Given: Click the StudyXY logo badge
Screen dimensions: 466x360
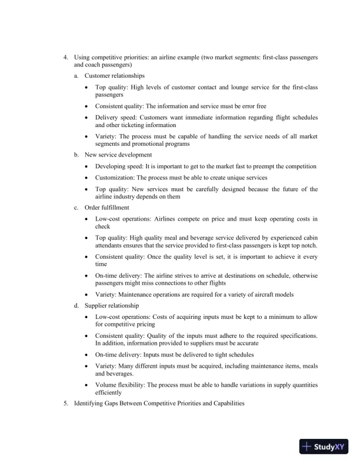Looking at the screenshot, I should pos(324,447).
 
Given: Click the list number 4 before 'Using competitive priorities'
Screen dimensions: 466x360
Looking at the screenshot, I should pos(66,57).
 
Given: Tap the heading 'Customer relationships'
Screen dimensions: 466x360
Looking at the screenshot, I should pos(115,76).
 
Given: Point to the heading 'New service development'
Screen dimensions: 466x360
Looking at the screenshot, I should pos(118,155).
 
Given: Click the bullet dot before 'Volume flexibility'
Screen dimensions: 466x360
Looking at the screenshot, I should pos(88,385).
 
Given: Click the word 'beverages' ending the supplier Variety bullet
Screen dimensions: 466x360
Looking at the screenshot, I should pos(118,374).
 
